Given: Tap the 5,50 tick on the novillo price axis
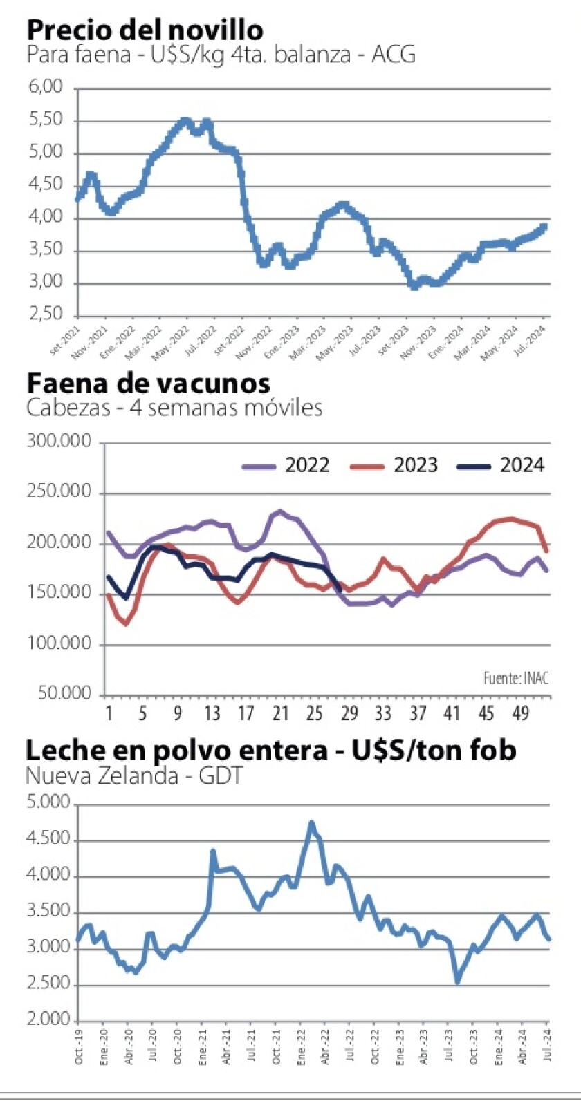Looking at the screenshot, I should [47, 121].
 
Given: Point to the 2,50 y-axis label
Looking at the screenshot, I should [47, 315].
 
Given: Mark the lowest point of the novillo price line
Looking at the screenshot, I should [414, 285].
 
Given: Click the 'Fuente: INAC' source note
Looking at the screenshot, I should [516, 678].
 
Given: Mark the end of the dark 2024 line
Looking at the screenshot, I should [340, 590].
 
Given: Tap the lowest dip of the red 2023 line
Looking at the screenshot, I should [125, 624].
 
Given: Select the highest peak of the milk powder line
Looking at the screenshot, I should [311, 823].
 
